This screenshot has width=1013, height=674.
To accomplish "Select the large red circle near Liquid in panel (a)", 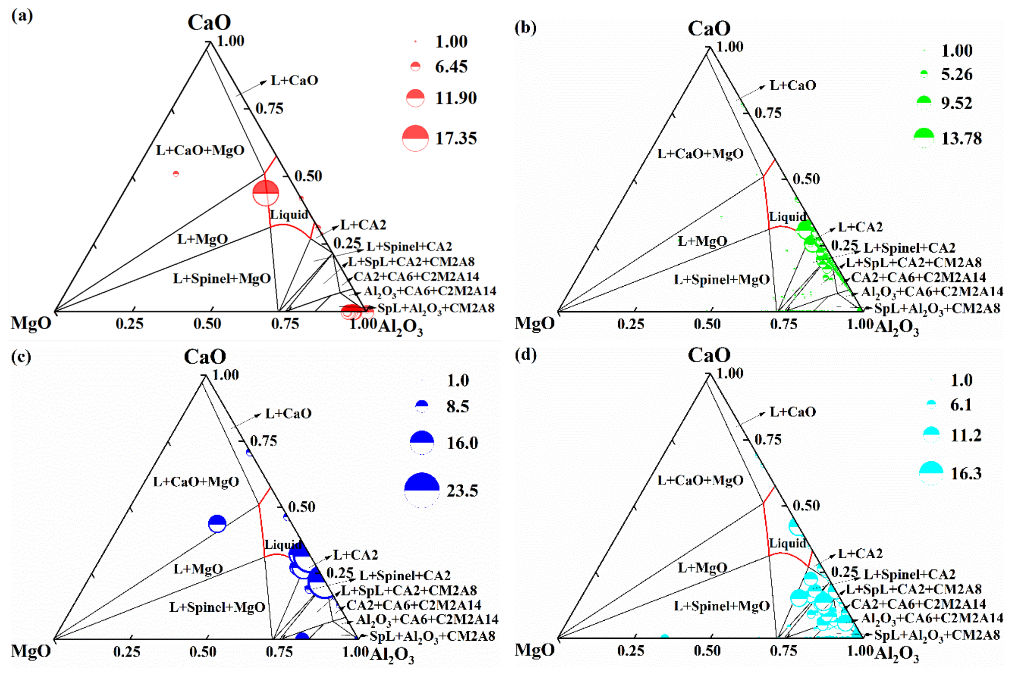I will [266, 193].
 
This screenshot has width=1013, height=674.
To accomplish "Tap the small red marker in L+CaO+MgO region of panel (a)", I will [176, 174].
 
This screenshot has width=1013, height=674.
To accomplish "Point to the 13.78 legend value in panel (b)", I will [961, 138].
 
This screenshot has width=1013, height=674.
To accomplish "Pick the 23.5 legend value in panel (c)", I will [462, 491].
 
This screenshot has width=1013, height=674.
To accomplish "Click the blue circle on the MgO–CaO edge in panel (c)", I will [217, 524].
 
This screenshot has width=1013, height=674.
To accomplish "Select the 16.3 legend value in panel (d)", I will [966, 473].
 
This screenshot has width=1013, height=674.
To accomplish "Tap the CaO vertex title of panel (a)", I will [209, 22].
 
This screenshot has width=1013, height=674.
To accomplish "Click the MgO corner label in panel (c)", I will [31, 651].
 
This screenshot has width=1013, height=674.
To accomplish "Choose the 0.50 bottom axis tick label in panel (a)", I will [207, 324].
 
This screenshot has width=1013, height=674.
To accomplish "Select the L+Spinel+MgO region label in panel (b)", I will [722, 280].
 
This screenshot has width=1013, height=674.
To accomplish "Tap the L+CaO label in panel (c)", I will [288, 414].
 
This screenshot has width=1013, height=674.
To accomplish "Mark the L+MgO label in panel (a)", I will [202, 239].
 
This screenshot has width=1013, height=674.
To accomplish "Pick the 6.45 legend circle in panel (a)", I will [415, 66].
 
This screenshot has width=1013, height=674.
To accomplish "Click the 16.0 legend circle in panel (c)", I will [422, 443].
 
